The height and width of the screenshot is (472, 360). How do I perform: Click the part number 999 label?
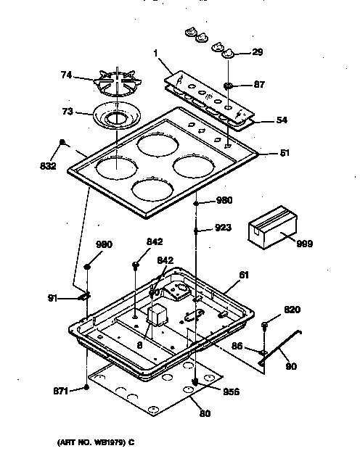pyautogui.click(x=304, y=244)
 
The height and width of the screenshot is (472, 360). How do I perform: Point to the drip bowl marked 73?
pyautogui.click(x=116, y=115)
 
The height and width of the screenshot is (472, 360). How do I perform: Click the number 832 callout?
pyautogui.click(x=47, y=165)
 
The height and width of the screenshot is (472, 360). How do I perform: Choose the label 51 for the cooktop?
pyautogui.click(x=285, y=153)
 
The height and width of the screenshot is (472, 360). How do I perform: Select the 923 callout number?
pyautogui.click(x=224, y=228)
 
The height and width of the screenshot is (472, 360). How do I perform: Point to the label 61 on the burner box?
pyautogui.click(x=245, y=276)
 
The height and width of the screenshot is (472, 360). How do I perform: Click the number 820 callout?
pyautogui.click(x=291, y=310)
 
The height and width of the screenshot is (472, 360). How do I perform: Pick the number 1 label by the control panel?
pyautogui.click(x=155, y=53)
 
